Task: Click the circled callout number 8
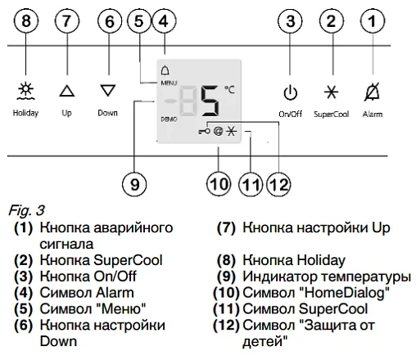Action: [x=26, y=21]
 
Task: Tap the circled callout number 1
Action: [x=373, y=21]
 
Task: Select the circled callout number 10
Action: [x=219, y=184]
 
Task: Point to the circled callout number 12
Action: [x=278, y=184]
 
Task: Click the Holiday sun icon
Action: [x=25, y=91]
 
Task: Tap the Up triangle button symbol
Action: [x=67, y=91]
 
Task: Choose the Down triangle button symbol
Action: [x=108, y=90]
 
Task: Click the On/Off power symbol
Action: [x=290, y=93]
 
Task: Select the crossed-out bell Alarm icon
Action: [x=373, y=92]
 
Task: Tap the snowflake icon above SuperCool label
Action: [x=331, y=92]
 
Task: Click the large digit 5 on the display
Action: [x=210, y=101]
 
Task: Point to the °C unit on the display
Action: [x=229, y=89]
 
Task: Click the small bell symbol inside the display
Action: [x=165, y=70]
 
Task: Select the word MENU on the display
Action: [x=169, y=83]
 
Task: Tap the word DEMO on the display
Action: [x=169, y=119]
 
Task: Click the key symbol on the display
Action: [x=204, y=132]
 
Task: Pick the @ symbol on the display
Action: [x=218, y=132]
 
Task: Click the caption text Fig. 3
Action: [x=26, y=210]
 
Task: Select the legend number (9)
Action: [x=226, y=277]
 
